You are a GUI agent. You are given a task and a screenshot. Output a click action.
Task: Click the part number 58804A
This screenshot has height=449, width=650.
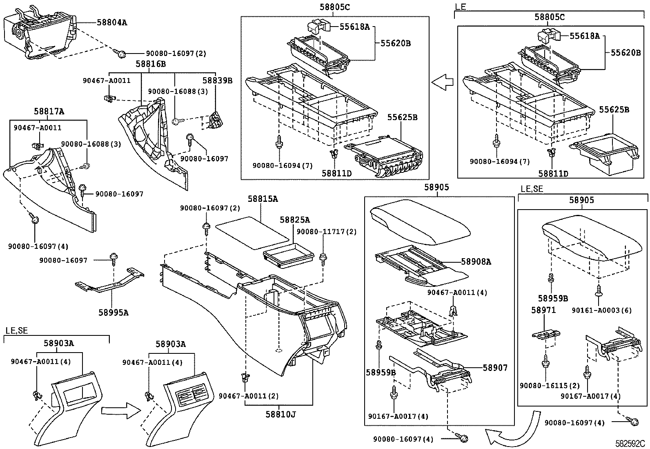click(111, 22)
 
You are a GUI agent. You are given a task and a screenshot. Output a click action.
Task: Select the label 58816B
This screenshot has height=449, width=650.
click(151, 64)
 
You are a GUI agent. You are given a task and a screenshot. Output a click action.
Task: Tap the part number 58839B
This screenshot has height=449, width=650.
click(217, 80)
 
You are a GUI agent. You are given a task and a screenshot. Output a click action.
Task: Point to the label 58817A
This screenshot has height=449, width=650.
click(49, 111)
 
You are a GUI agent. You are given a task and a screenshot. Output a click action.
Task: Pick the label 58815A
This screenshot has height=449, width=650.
click(263, 199)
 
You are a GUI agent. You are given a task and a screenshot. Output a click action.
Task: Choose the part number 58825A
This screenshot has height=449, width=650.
click(294, 220)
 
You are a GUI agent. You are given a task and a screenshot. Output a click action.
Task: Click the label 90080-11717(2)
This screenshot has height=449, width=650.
click(326, 232)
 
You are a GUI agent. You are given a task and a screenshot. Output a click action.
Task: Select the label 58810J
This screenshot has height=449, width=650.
click(280, 414)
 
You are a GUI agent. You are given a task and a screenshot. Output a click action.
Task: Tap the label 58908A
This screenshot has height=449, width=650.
click(476, 262)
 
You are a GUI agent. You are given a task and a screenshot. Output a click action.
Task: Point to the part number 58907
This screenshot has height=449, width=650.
click(495, 368)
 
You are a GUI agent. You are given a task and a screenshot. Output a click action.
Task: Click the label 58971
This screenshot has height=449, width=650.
click(543, 310)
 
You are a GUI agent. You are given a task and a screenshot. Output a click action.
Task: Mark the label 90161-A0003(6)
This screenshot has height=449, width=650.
click(601, 310)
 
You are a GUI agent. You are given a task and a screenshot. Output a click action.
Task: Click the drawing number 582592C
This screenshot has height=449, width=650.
click(630, 443)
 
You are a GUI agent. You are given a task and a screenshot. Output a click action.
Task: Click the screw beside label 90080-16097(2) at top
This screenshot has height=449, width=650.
click(121, 53)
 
